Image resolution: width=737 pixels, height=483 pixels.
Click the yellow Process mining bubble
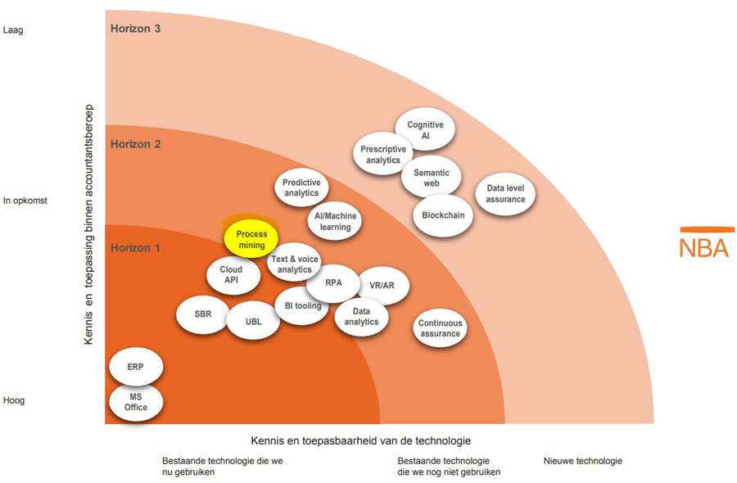(251, 239)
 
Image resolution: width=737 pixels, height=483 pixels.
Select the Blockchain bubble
(443, 215)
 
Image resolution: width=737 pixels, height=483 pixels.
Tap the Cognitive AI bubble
(425, 130)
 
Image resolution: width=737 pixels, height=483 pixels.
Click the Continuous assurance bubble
(440, 328)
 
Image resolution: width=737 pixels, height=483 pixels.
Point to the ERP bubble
(135, 368)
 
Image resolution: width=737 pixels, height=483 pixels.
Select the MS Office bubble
(135, 402)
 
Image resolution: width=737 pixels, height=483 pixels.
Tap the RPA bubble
(332, 283)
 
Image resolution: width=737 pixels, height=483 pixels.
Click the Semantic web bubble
(432, 178)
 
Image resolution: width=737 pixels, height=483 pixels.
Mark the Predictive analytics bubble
(301, 187)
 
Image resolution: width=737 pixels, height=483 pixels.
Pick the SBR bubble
(202, 314)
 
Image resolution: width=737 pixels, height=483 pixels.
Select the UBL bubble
(254, 321)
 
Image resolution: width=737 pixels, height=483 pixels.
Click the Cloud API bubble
(234, 275)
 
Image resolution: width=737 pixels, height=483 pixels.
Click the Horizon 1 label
(135, 247)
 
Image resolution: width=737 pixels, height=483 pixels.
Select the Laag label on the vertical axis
(14, 30)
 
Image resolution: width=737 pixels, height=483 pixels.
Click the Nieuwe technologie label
(582, 460)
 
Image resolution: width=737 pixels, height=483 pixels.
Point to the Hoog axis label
(14, 400)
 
